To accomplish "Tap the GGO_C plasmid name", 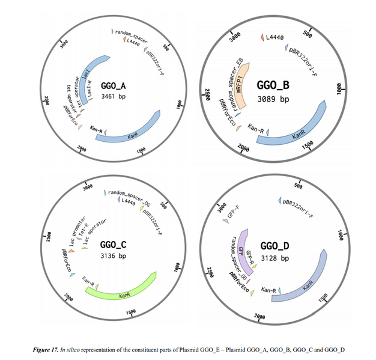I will click(x=113, y=245).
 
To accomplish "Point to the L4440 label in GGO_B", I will click(x=274, y=38).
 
